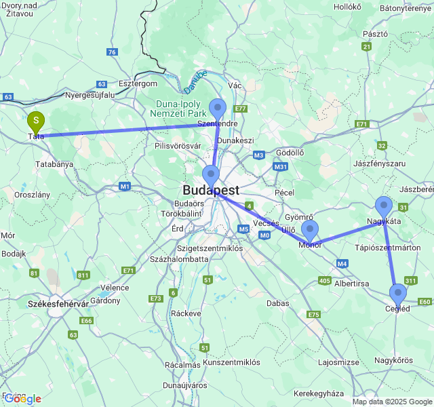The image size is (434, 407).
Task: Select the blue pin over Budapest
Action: (211, 175)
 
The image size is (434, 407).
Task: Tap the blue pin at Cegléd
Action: (397, 294)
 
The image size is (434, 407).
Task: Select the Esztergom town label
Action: (138, 83)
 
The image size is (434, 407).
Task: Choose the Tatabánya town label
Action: (54, 164)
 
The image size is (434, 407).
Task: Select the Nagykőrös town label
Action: (393, 360)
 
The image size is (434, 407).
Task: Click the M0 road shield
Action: (264, 235)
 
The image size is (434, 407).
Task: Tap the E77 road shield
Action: (240, 109)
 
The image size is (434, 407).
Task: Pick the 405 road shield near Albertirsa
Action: (324, 280)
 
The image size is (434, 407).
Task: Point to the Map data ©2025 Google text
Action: (392, 402)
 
